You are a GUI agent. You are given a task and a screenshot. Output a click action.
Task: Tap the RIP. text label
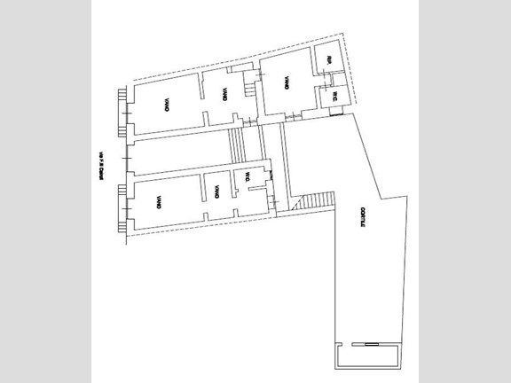(x=327, y=60)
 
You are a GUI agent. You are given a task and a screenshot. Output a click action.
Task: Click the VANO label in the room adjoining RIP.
(x=287, y=82)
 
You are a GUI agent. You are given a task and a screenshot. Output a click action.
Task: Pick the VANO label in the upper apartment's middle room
(x=226, y=93)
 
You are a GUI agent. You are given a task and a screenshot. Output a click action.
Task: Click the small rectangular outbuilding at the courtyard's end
(x=365, y=357)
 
